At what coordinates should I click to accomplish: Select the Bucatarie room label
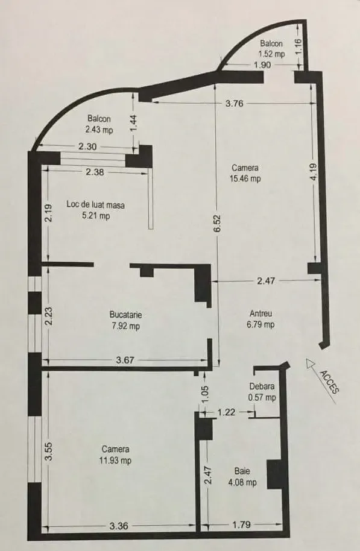click(x=125, y=315)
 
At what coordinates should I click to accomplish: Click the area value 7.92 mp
click(x=126, y=326)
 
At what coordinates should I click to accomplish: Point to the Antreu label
click(x=261, y=313)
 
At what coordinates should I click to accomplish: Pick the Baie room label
click(x=242, y=471)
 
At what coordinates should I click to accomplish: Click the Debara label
click(x=262, y=386)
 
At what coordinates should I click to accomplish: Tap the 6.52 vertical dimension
click(x=216, y=223)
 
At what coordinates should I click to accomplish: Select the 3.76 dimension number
click(x=234, y=103)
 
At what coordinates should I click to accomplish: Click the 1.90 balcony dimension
click(x=262, y=65)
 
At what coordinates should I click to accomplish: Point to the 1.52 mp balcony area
click(x=271, y=54)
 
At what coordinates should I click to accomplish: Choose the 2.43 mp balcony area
click(x=99, y=130)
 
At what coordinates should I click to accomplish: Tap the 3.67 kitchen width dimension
click(x=125, y=360)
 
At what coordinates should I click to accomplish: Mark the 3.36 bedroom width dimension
click(x=119, y=526)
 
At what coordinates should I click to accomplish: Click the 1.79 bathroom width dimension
click(x=242, y=525)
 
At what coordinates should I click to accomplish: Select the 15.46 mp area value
click(x=245, y=178)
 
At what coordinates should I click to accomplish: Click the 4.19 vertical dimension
click(x=314, y=172)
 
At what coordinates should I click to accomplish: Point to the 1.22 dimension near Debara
click(x=226, y=412)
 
